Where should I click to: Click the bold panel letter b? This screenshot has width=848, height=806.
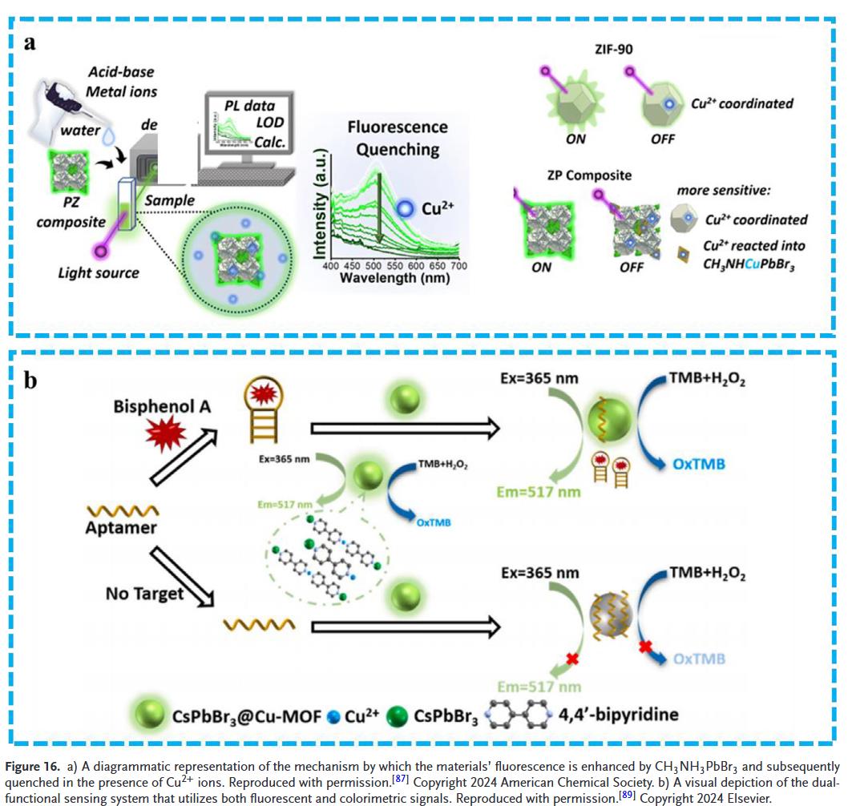(x=30, y=379)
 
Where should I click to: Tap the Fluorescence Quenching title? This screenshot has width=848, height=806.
(x=393, y=138)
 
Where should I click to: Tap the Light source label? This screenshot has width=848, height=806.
(x=99, y=273)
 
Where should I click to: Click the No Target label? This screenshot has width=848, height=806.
(x=144, y=594)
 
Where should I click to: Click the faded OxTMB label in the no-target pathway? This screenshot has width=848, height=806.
(x=699, y=659)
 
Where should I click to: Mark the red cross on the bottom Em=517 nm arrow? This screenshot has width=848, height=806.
(x=572, y=659)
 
